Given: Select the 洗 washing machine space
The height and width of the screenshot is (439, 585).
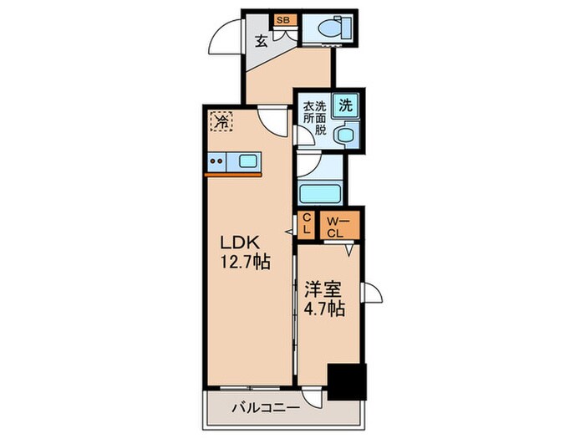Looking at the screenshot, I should point(344,106).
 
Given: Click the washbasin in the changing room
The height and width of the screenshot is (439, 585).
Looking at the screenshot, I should point(343,134).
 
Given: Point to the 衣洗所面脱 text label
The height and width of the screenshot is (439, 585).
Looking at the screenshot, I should point(316,118).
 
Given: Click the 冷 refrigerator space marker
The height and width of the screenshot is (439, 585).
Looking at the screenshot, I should point(221,123).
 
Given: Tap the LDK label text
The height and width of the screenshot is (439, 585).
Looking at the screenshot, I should point(241,243).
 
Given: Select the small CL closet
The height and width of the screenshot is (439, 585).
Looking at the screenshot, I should point(307,222).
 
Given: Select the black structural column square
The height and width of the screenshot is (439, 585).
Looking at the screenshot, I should point(346,383).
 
